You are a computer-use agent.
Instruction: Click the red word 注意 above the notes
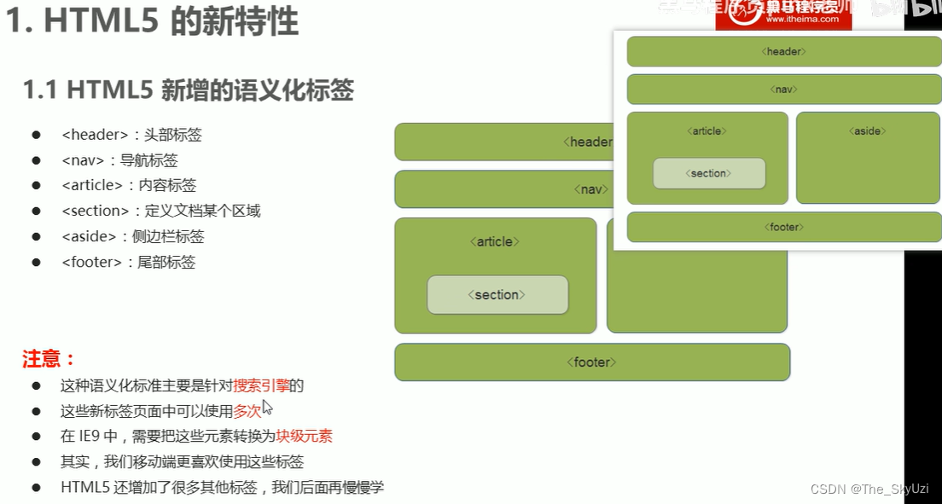coord(49,359)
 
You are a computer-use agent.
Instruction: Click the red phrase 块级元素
coord(304,437)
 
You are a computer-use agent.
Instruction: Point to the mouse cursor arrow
coord(267,407)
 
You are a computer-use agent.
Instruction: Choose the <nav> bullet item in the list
coord(119,160)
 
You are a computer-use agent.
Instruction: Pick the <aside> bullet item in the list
coord(132,237)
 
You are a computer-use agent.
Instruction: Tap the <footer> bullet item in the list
coord(128,263)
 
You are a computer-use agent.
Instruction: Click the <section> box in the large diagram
coord(497,295)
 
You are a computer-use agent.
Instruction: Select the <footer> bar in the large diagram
coord(591,362)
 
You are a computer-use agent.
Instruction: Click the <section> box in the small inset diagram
coord(708,173)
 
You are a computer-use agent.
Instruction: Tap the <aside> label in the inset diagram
coord(867,131)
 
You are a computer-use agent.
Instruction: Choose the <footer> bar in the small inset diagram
coord(783,227)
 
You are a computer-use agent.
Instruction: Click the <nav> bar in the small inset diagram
coord(783,90)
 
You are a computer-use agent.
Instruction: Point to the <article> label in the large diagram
coord(495,242)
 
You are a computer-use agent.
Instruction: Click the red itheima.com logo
coord(783,15)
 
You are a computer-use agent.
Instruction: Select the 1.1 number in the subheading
coord(40,90)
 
